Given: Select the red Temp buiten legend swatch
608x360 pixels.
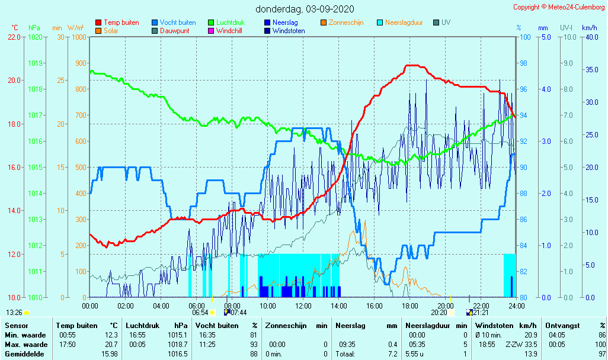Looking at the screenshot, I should [98, 22].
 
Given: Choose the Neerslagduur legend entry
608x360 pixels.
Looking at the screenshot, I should [404, 22].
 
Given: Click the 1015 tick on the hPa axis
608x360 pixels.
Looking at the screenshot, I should [35, 167].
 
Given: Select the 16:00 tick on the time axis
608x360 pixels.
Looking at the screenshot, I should [374, 306].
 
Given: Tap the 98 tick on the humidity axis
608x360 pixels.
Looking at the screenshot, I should [523, 63].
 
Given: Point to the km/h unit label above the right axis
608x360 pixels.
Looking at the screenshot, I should [589, 28].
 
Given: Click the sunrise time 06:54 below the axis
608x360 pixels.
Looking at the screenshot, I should [200, 313].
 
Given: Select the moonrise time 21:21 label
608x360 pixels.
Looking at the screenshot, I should [480, 313].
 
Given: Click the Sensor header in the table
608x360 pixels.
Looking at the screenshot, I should [17, 326].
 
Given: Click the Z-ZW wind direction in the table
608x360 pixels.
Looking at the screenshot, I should [513, 345].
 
